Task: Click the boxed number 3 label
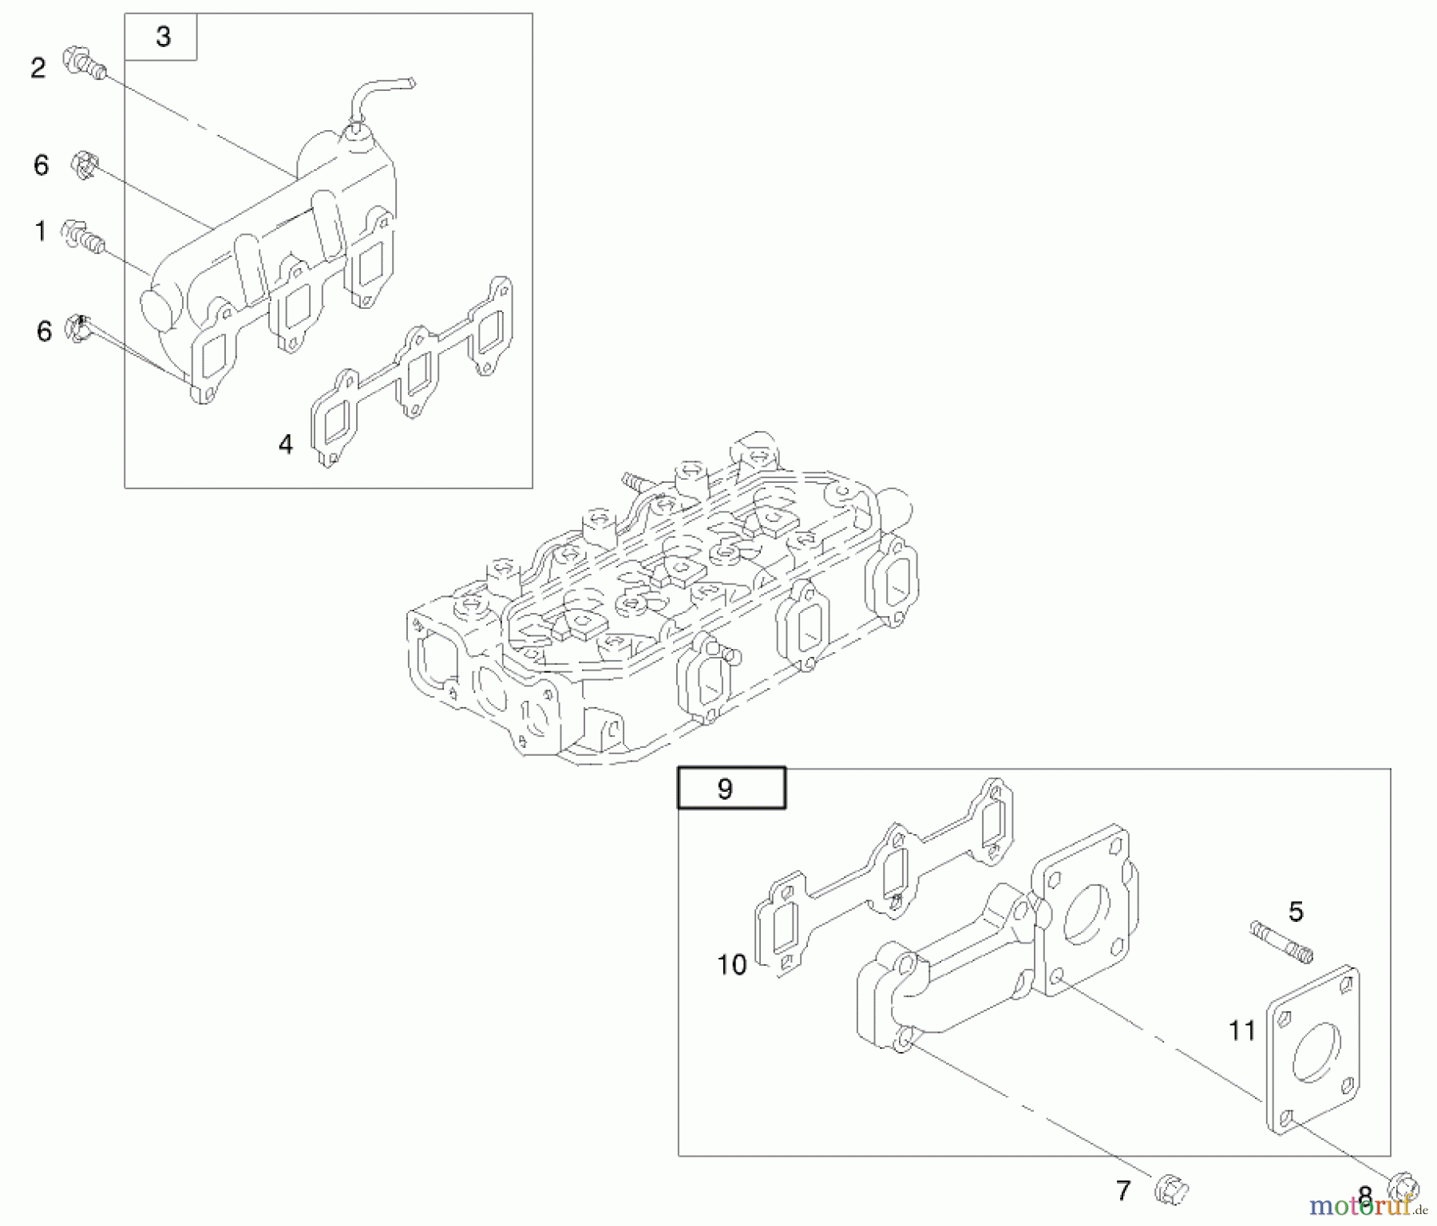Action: click(x=163, y=37)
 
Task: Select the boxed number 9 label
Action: click(x=730, y=789)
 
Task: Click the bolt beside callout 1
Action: click(x=84, y=235)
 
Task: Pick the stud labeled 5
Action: click(x=1281, y=941)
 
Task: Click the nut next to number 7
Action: click(x=1171, y=1189)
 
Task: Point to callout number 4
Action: click(x=286, y=445)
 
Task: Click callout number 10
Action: click(x=731, y=964)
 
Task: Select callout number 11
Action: click(x=1241, y=1030)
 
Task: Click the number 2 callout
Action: click(x=38, y=69)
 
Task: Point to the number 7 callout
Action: click(x=1123, y=1191)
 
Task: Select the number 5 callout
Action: click(x=1295, y=911)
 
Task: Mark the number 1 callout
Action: click(x=40, y=231)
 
